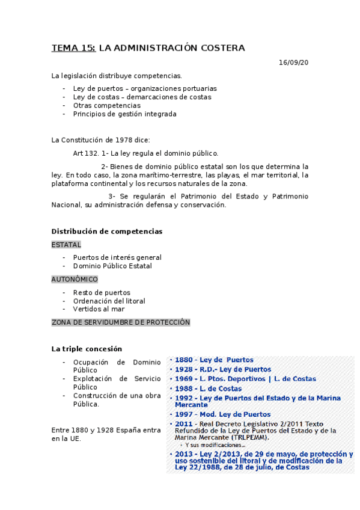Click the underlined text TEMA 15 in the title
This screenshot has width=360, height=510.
(73, 48)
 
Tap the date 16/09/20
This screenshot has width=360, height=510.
(293, 63)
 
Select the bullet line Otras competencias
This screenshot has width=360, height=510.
(106, 105)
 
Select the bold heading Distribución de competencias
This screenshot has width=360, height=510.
(107, 231)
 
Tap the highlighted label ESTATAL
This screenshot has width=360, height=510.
(66, 245)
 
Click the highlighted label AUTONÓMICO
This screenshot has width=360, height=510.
(75, 279)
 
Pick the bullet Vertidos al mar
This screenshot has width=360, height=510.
(99, 309)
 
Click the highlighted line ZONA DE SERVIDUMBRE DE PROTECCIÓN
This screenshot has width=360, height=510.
(121, 322)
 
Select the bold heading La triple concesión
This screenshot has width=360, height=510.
(87, 349)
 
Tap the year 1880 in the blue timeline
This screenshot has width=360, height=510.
(183, 360)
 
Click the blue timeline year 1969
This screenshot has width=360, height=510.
(183, 379)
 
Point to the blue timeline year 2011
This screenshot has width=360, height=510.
(183, 424)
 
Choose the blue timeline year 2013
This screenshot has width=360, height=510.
(183, 454)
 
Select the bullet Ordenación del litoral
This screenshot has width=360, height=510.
(109, 301)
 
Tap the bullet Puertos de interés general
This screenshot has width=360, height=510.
(117, 257)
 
